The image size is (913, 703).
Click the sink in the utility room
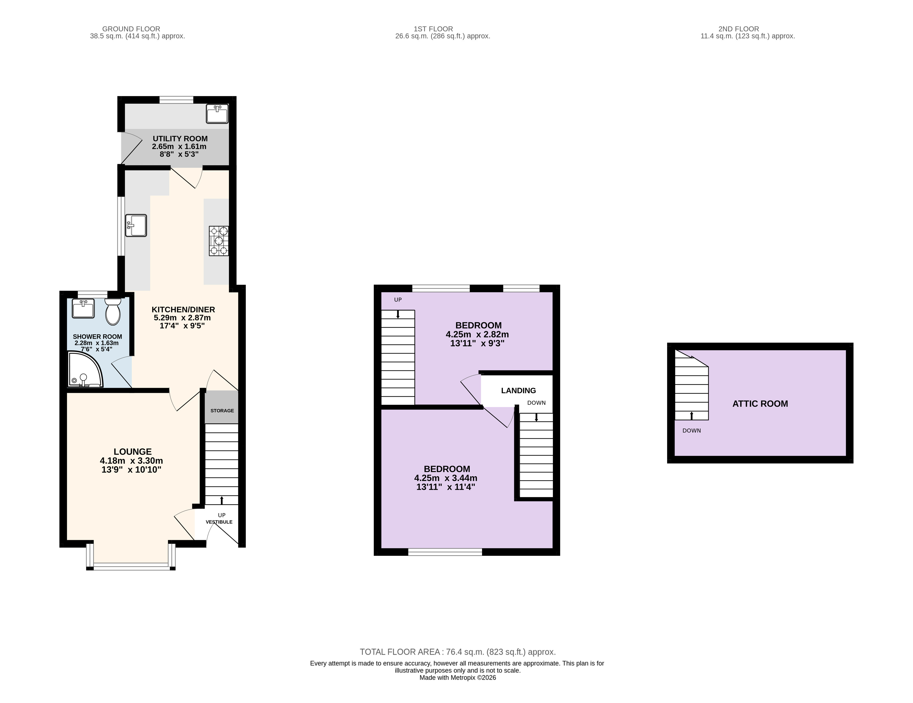(217, 114)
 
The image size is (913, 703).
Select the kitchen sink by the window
(136, 226)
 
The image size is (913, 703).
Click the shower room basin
(83, 309)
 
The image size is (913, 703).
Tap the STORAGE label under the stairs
(222, 411)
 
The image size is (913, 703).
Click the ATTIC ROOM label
(760, 404)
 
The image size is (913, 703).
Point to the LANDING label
(518, 390)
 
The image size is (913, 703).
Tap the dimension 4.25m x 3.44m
(446, 478)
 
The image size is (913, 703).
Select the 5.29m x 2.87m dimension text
(182, 318)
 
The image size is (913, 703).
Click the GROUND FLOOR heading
(131, 29)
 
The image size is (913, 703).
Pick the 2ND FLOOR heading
(739, 29)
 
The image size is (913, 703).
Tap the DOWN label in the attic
(692, 431)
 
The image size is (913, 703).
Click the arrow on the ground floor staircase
(221, 500)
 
